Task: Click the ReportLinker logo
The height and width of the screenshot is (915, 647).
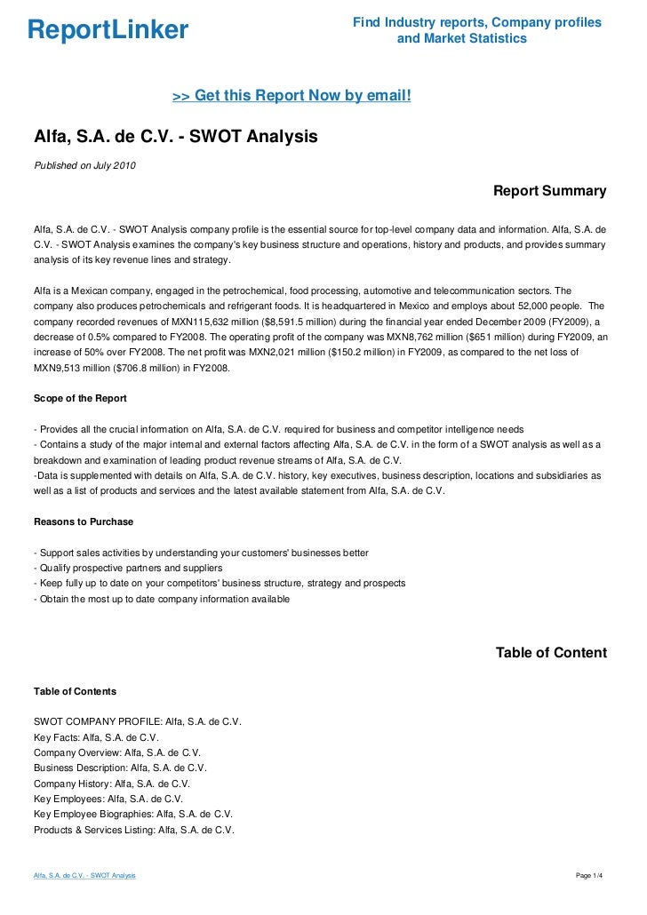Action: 108,31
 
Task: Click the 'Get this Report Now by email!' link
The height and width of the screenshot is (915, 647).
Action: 292,95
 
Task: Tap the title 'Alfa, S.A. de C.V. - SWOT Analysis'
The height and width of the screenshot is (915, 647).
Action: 175,138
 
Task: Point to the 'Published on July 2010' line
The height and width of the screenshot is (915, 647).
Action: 85,166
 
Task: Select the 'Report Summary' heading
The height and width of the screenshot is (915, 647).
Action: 549,191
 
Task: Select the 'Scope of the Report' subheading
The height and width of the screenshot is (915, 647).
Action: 80,397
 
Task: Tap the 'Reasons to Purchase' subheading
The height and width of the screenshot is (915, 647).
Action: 84,521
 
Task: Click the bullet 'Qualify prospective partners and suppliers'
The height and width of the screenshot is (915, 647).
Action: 127,568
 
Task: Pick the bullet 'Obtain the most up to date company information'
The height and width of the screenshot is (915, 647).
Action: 161,599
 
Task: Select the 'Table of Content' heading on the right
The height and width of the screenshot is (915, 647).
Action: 551,653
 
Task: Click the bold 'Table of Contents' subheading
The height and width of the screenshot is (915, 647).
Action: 75,690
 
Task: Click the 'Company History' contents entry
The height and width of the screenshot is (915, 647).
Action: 112,784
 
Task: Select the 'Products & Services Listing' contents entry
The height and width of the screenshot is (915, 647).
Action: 133,830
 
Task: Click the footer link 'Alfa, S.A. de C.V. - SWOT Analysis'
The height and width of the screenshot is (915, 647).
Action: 84,876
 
